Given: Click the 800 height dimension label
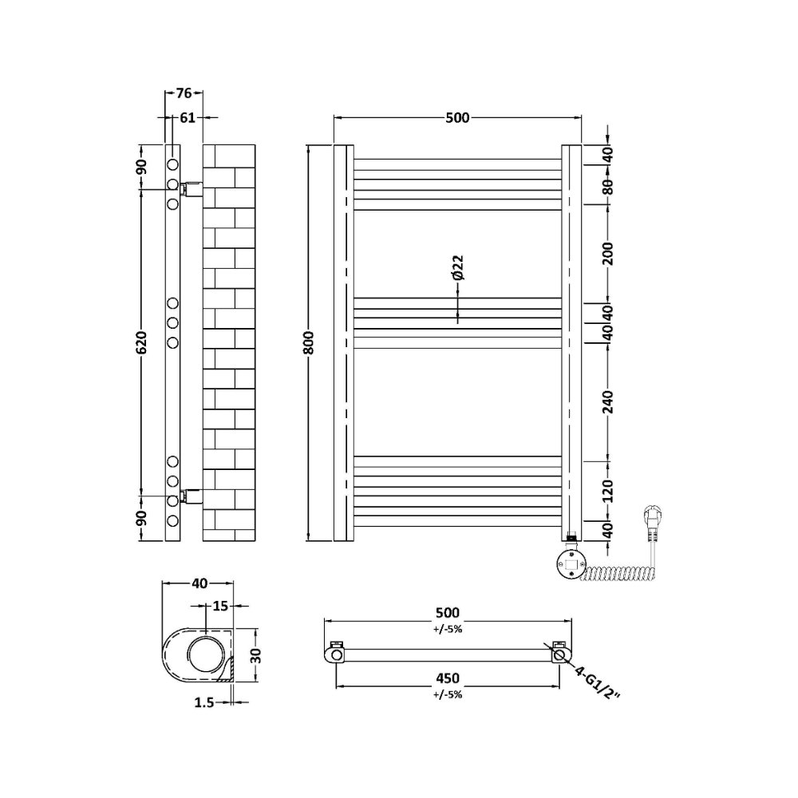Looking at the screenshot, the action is click(310, 342).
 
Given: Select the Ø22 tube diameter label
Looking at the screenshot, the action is click(457, 267).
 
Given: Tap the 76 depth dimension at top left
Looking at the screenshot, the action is click(184, 93).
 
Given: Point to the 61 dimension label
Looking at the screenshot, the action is click(188, 117).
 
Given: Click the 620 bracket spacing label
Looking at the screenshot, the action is click(141, 342).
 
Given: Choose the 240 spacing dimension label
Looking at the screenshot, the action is click(607, 402).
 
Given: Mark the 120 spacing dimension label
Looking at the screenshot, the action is click(607, 491).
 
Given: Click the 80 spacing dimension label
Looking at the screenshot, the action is click(607, 185).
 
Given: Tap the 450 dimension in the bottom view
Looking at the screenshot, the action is click(448, 678).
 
